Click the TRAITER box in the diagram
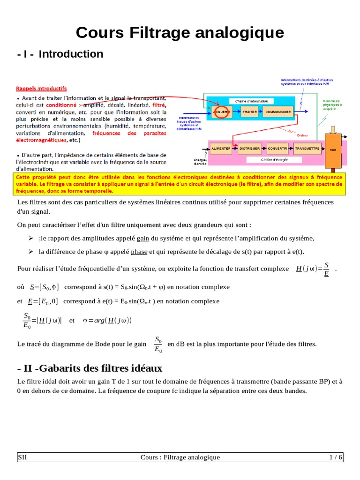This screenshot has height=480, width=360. pyautogui.click(x=249, y=112)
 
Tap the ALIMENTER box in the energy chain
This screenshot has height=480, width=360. pyautogui.click(x=221, y=148)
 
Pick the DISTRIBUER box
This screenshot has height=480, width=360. pyautogui.click(x=250, y=148)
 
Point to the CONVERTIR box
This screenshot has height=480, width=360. pyautogui.click(x=277, y=148)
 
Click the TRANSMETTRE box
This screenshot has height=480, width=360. pyautogui.click(x=307, y=148)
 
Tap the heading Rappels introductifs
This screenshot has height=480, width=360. pyautogui.click(x=41, y=88)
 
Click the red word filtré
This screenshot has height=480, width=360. pyautogui.click(x=159, y=105)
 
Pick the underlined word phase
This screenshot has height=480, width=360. pyautogui.click(x=139, y=252)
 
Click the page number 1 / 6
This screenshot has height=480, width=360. pyautogui.click(x=335, y=457)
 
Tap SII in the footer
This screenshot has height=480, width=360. pyautogui.click(x=22, y=457)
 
